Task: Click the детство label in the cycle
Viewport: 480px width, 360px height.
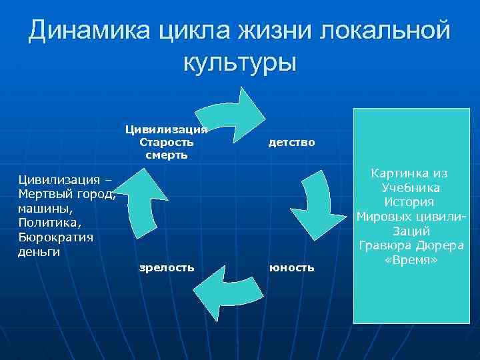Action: point(291,143)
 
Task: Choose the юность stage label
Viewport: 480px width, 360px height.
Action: point(291,267)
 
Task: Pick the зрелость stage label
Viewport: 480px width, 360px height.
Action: point(167,267)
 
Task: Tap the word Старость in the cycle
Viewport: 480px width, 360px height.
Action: point(167,142)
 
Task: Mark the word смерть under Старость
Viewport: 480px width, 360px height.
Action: point(167,155)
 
